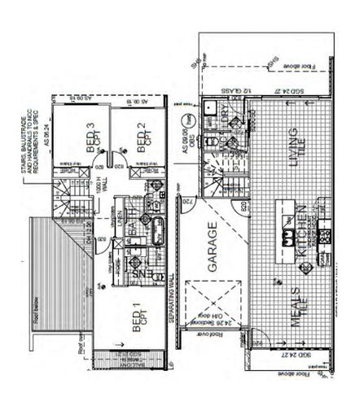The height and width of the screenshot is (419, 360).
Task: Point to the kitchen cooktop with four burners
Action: click(x=327, y=237)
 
